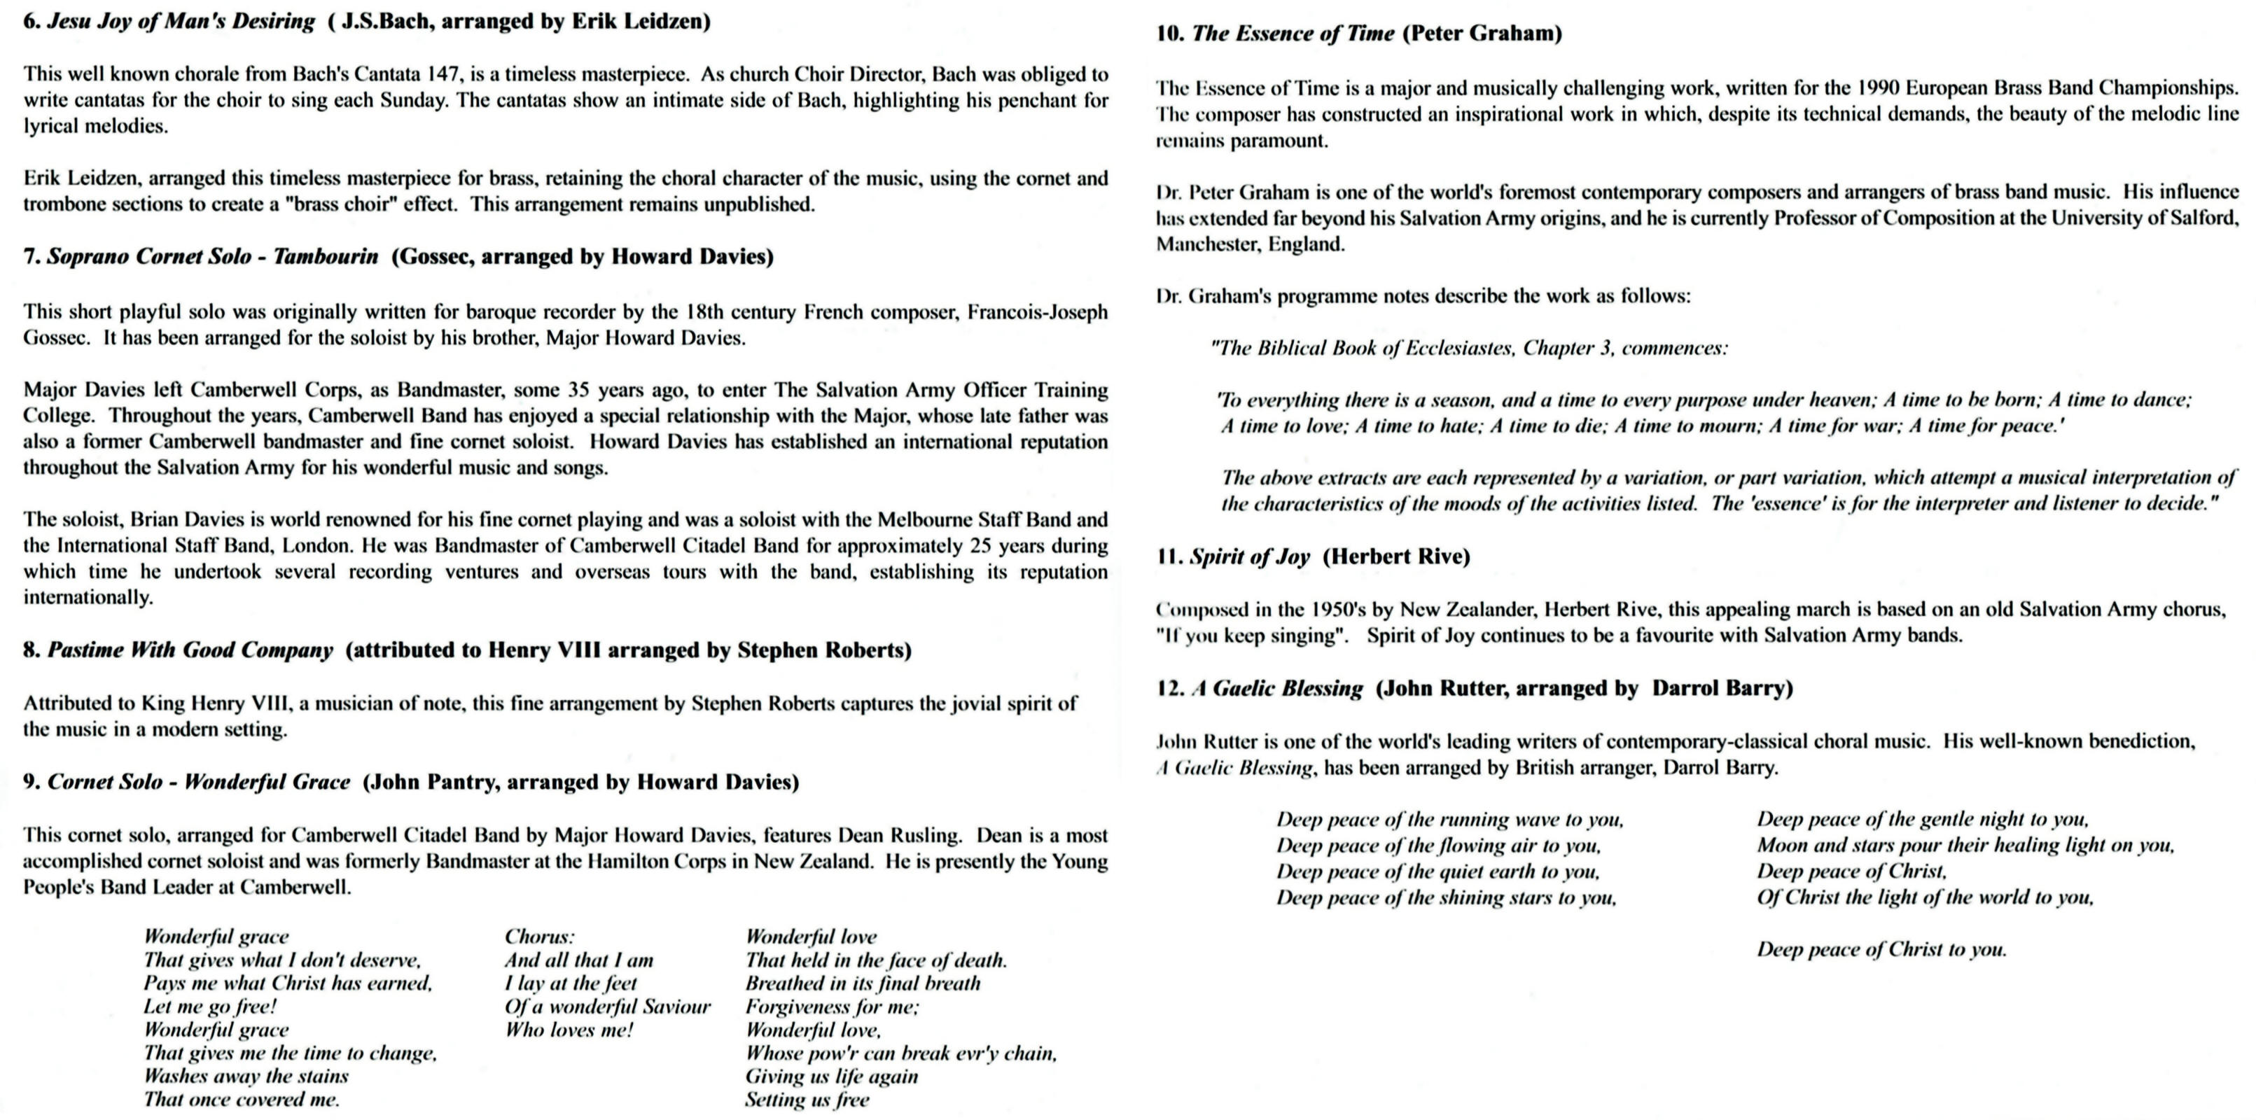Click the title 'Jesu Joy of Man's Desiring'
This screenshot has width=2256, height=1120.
(181, 21)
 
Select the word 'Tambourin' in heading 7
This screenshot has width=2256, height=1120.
(326, 257)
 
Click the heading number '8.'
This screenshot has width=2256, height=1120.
(32, 650)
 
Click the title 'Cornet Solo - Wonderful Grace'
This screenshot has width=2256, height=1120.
(199, 782)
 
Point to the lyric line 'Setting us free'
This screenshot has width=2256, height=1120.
(807, 1100)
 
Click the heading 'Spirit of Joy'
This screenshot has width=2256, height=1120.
(1249, 557)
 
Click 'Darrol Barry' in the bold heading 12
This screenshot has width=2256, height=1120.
(1722, 688)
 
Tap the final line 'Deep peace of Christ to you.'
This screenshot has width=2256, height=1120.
(1881, 950)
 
